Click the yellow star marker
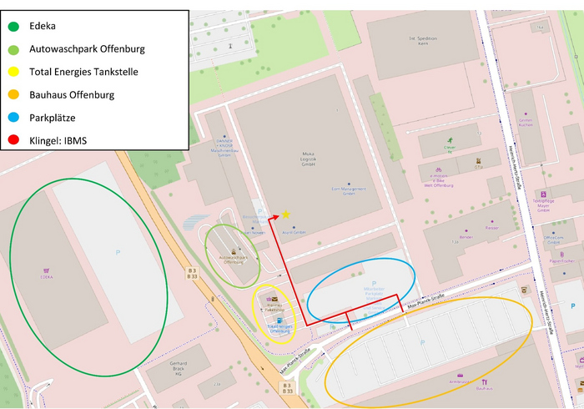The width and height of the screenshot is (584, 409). click(x=285, y=215)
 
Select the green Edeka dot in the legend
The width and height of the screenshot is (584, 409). click(x=11, y=26)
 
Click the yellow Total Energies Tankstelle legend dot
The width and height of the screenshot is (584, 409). click(x=11, y=72)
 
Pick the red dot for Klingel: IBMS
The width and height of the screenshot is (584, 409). click(x=11, y=141)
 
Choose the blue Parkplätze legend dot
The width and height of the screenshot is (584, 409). click(x=11, y=118)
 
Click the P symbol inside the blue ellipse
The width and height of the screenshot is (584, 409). click(x=374, y=284)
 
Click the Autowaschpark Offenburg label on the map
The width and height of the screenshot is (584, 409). click(x=230, y=260)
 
